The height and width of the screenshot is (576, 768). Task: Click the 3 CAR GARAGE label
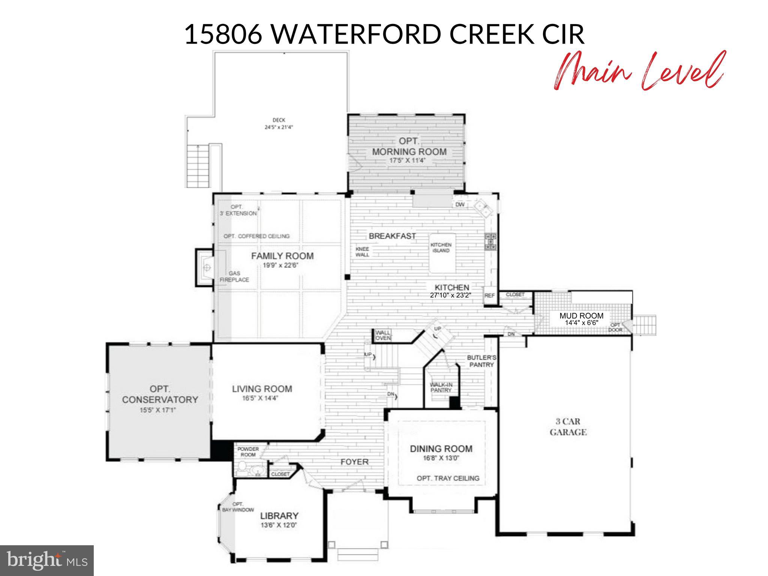pyautogui.click(x=568, y=427)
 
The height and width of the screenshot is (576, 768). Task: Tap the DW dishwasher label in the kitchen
pyautogui.click(x=460, y=204)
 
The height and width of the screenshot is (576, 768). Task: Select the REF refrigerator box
pyautogui.click(x=489, y=295)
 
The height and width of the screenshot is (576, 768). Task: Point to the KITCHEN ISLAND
pyautogui.click(x=442, y=252)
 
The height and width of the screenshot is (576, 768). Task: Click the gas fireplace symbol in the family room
pyautogui.click(x=206, y=267)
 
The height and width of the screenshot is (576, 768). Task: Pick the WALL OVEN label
pyautogui.click(x=383, y=335)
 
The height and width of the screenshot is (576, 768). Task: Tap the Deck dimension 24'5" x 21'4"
pyautogui.click(x=279, y=127)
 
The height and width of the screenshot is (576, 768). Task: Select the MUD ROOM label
pyautogui.click(x=581, y=316)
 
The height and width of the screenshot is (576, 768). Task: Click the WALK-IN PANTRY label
pyautogui.click(x=441, y=387)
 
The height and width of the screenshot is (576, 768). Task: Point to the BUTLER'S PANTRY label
pyautogui.click(x=481, y=361)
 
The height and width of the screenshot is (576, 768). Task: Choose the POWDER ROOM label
pyautogui.click(x=248, y=452)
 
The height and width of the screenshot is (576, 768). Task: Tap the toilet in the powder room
pyautogui.click(x=242, y=467)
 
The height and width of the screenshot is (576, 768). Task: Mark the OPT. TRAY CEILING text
pyautogui.click(x=448, y=478)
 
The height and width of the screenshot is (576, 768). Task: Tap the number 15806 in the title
pyautogui.click(x=223, y=34)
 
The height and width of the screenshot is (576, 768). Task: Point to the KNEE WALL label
pyautogui.click(x=362, y=252)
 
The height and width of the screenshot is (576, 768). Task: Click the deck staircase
pyautogui.click(x=195, y=168)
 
